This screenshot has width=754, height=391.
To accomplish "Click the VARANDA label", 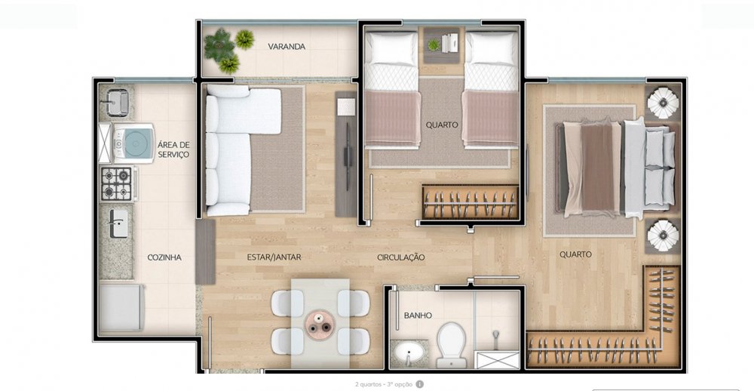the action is point(287,47).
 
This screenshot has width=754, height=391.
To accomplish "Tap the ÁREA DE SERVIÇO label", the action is point(173,149).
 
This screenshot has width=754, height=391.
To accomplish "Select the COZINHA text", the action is point(164,257).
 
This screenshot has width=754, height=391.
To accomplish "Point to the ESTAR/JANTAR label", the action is point(274,257).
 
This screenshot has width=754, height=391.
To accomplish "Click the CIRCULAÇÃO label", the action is point(401,257).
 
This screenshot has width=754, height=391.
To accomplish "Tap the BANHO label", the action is point(418,316).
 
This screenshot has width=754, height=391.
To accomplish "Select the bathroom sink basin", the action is point(409,355).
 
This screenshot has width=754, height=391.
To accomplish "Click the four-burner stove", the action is point(116,184).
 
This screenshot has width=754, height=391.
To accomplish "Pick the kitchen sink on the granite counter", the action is point(118,223).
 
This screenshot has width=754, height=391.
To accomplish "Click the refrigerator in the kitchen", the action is point(121,308).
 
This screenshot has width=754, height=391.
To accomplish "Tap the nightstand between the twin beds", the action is point(442,45).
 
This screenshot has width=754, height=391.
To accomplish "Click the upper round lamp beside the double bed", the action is point(663,103).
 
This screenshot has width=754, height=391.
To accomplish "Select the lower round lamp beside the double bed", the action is point(663,236).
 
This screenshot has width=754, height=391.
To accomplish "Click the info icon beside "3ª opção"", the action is point(420,384).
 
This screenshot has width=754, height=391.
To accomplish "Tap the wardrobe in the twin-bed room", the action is point(470,202).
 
